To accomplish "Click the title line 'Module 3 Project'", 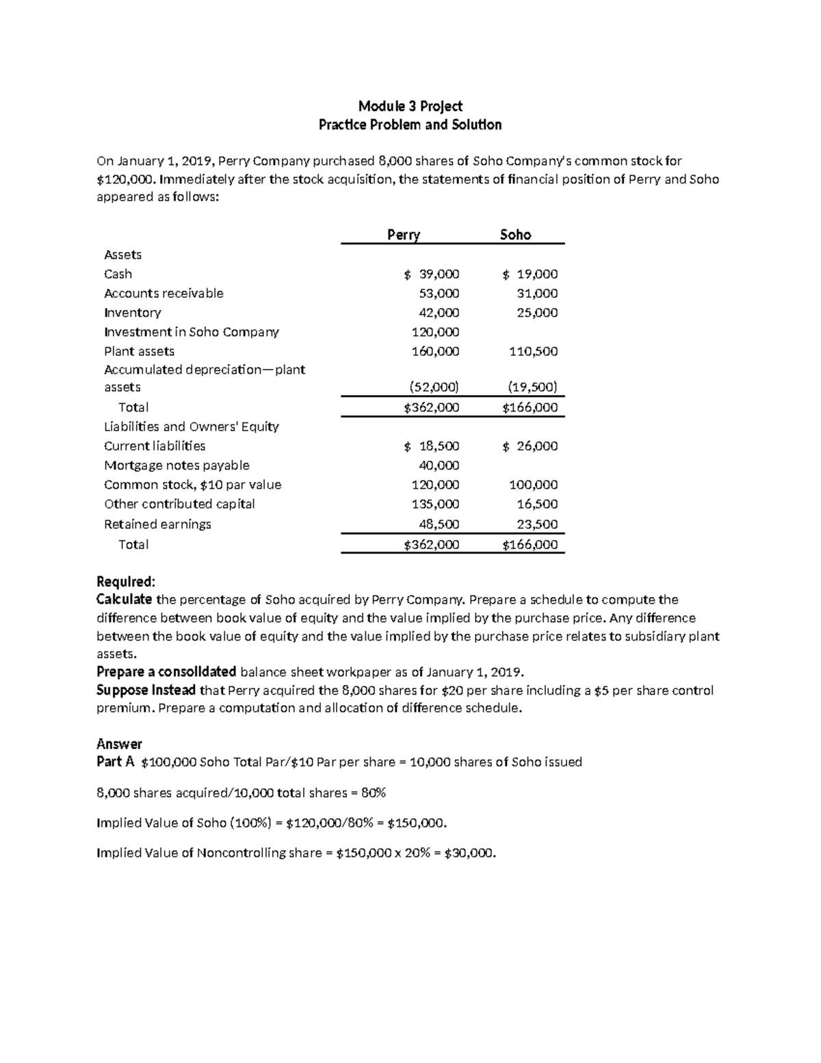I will click(x=410, y=106).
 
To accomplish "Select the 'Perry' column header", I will click(x=403, y=235).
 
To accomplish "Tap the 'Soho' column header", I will click(x=515, y=235).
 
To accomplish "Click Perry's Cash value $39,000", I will click(x=432, y=274).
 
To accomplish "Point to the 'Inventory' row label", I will click(x=132, y=313).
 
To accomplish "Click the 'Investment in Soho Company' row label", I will click(x=191, y=332).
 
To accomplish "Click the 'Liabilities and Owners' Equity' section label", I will click(x=191, y=426).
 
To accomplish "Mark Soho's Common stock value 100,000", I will click(x=533, y=485).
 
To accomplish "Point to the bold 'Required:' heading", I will click(x=126, y=582).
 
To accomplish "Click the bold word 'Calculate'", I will click(x=125, y=600).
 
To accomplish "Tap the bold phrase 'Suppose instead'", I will click(x=146, y=690).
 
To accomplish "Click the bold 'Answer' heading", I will click(x=119, y=744).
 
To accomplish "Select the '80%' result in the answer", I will click(x=374, y=793).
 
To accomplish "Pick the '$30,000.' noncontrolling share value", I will click(x=469, y=853).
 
